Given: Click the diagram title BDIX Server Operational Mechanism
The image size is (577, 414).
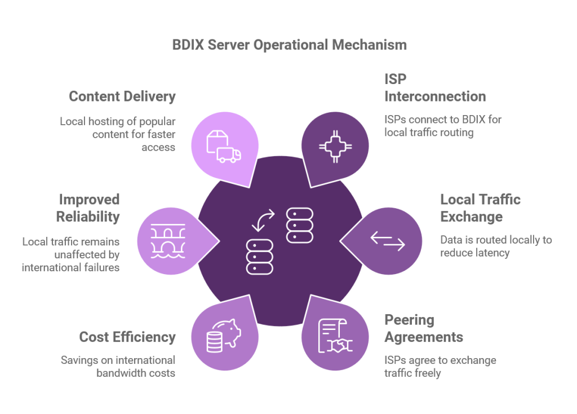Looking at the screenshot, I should pyautogui.click(x=289, y=45).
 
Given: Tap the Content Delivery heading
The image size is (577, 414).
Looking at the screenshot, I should pyautogui.click(x=122, y=96).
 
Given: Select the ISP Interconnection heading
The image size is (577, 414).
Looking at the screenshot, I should pyautogui.click(x=434, y=87).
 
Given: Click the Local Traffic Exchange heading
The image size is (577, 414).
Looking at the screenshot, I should pyautogui.click(x=480, y=208).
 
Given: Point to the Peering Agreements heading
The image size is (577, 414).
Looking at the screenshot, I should pyautogui.click(x=423, y=328).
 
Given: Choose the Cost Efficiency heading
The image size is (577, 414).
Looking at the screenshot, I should pyautogui.click(x=127, y=337).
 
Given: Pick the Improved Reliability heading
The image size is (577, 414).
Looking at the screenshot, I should pyautogui.click(x=88, y=208).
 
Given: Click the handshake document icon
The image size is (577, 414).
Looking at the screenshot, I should pyautogui.click(x=334, y=336).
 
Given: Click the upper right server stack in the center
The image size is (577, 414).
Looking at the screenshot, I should pyautogui.click(x=299, y=224).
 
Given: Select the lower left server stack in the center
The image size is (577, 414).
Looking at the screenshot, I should pyautogui.click(x=260, y=256).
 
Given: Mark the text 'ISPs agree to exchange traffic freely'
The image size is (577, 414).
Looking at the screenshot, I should pyautogui.click(x=440, y=366).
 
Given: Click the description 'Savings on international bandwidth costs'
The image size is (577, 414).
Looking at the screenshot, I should pyautogui.click(x=118, y=366).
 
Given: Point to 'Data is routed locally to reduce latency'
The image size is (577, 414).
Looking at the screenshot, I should pyautogui.click(x=496, y=246).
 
